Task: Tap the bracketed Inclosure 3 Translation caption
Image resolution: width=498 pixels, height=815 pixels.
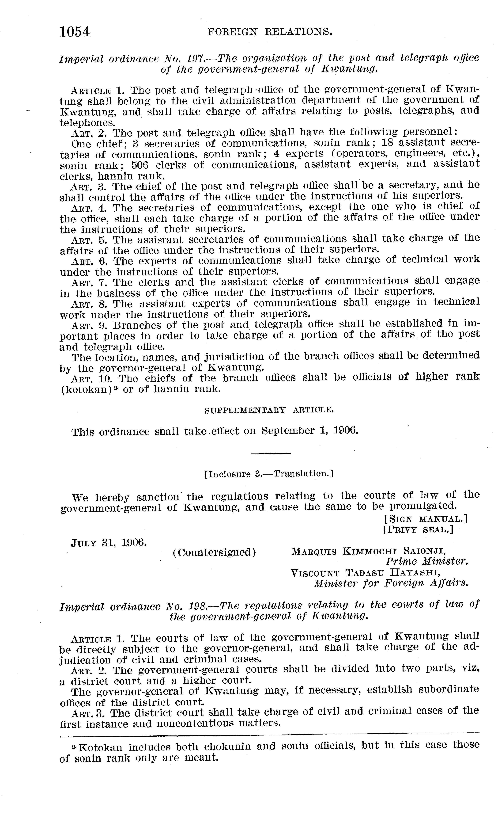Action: coord(269,474)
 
